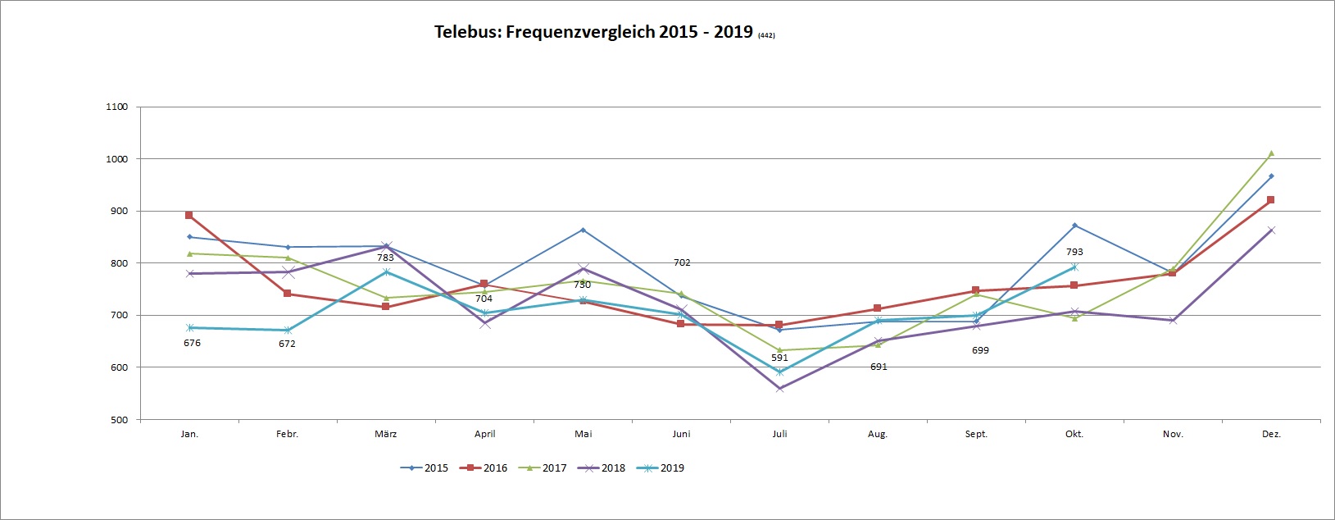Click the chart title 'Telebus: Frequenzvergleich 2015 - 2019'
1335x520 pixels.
593,32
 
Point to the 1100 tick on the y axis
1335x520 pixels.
117,107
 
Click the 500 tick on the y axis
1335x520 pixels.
119,420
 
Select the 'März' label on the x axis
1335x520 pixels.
386,434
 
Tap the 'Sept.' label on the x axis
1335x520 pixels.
976,434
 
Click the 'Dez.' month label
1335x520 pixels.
1271,434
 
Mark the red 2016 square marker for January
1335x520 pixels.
189,215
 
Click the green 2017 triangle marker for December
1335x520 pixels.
1271,153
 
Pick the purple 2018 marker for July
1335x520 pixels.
779,388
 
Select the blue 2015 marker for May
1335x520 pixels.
583,230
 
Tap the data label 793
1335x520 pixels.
1074,253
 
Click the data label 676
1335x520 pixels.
192,343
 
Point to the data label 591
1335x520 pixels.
779,358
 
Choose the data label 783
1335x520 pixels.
385,258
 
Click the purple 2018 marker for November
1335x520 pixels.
1173,320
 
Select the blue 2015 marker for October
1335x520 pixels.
1074,226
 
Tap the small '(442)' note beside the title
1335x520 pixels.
766,35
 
